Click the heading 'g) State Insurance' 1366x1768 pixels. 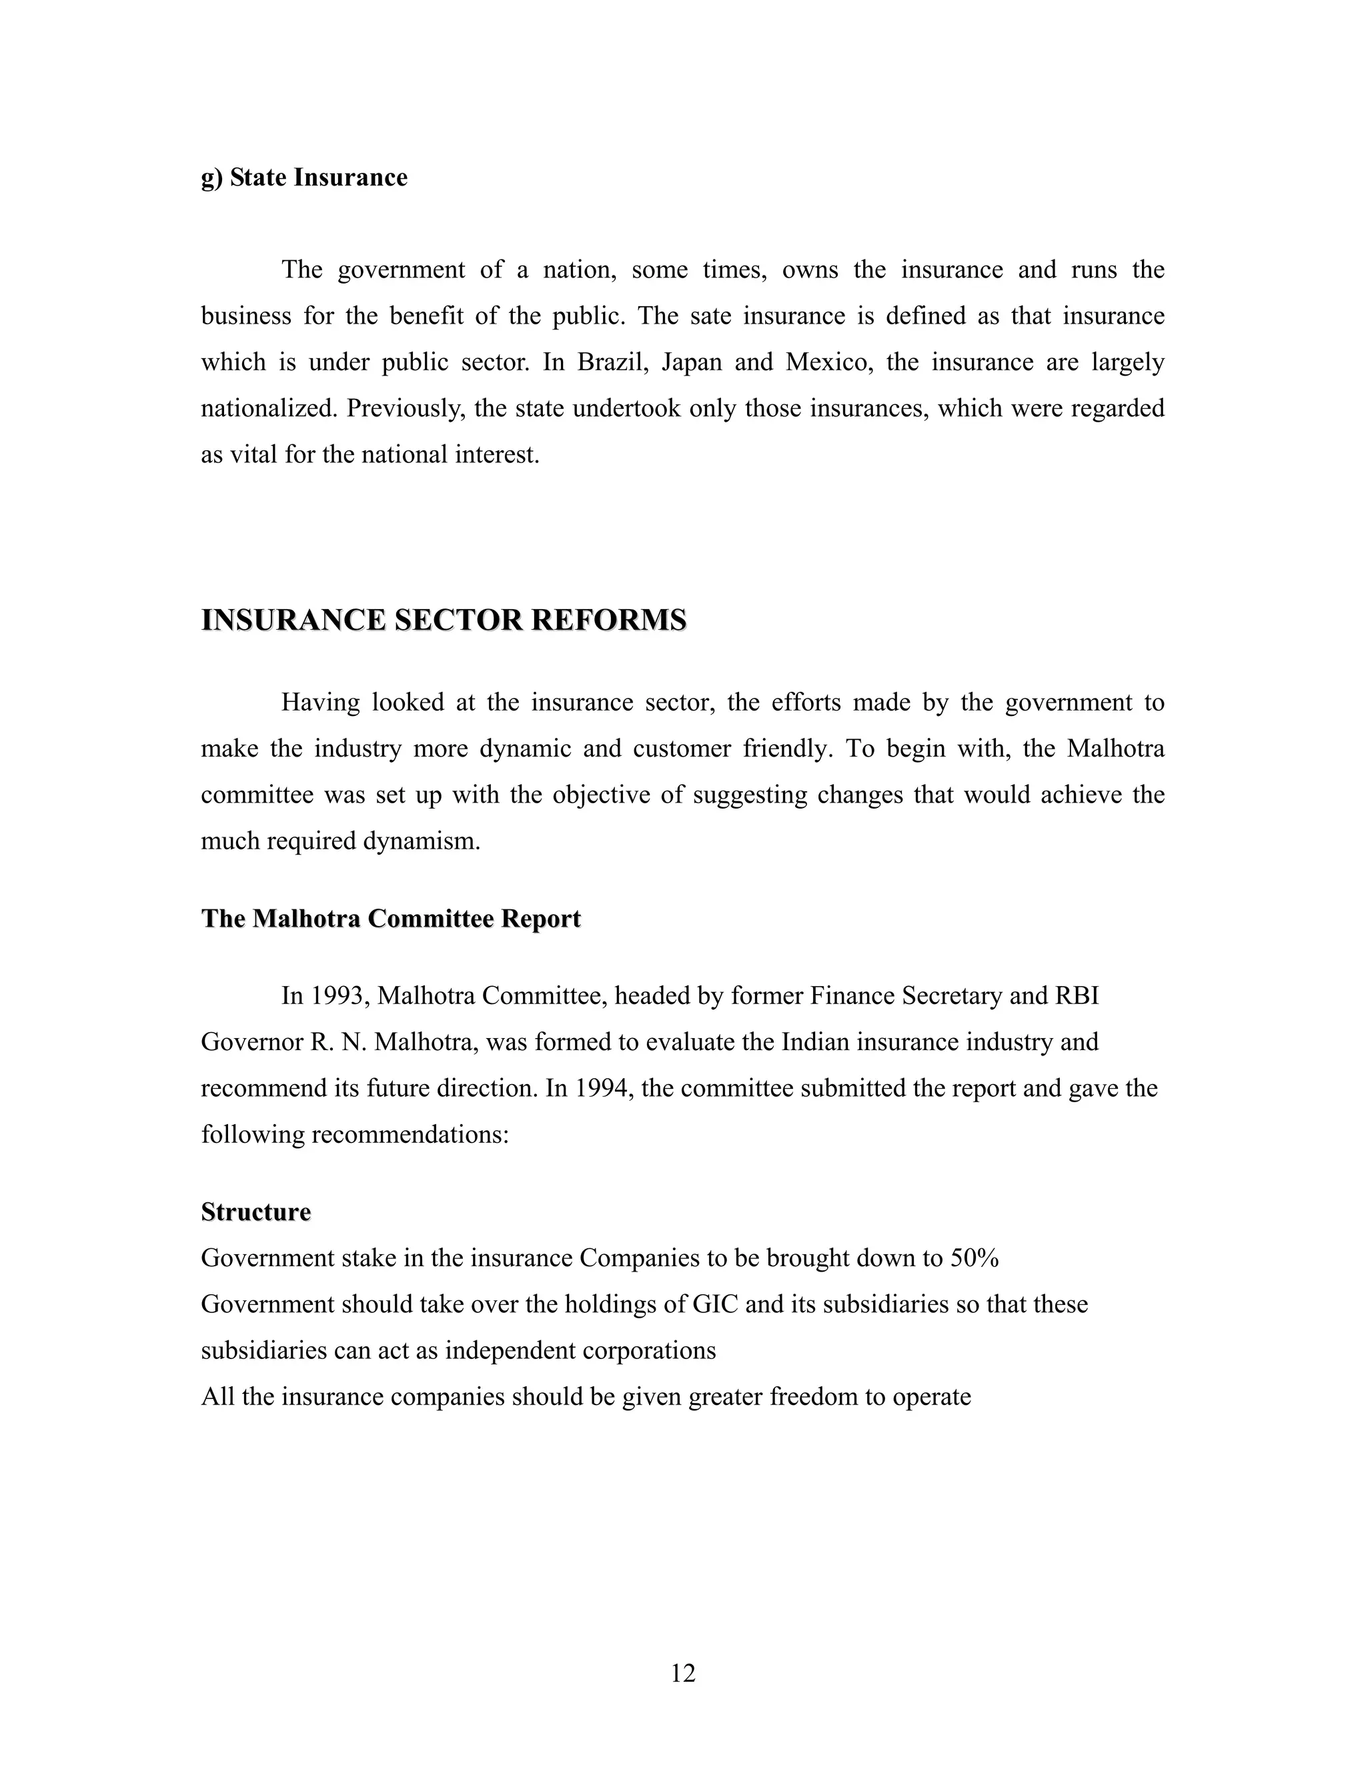(303, 177)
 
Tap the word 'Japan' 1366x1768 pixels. (691, 362)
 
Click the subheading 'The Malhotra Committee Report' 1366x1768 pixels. (391, 919)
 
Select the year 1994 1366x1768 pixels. (603, 1088)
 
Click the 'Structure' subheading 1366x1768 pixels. (255, 1212)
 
